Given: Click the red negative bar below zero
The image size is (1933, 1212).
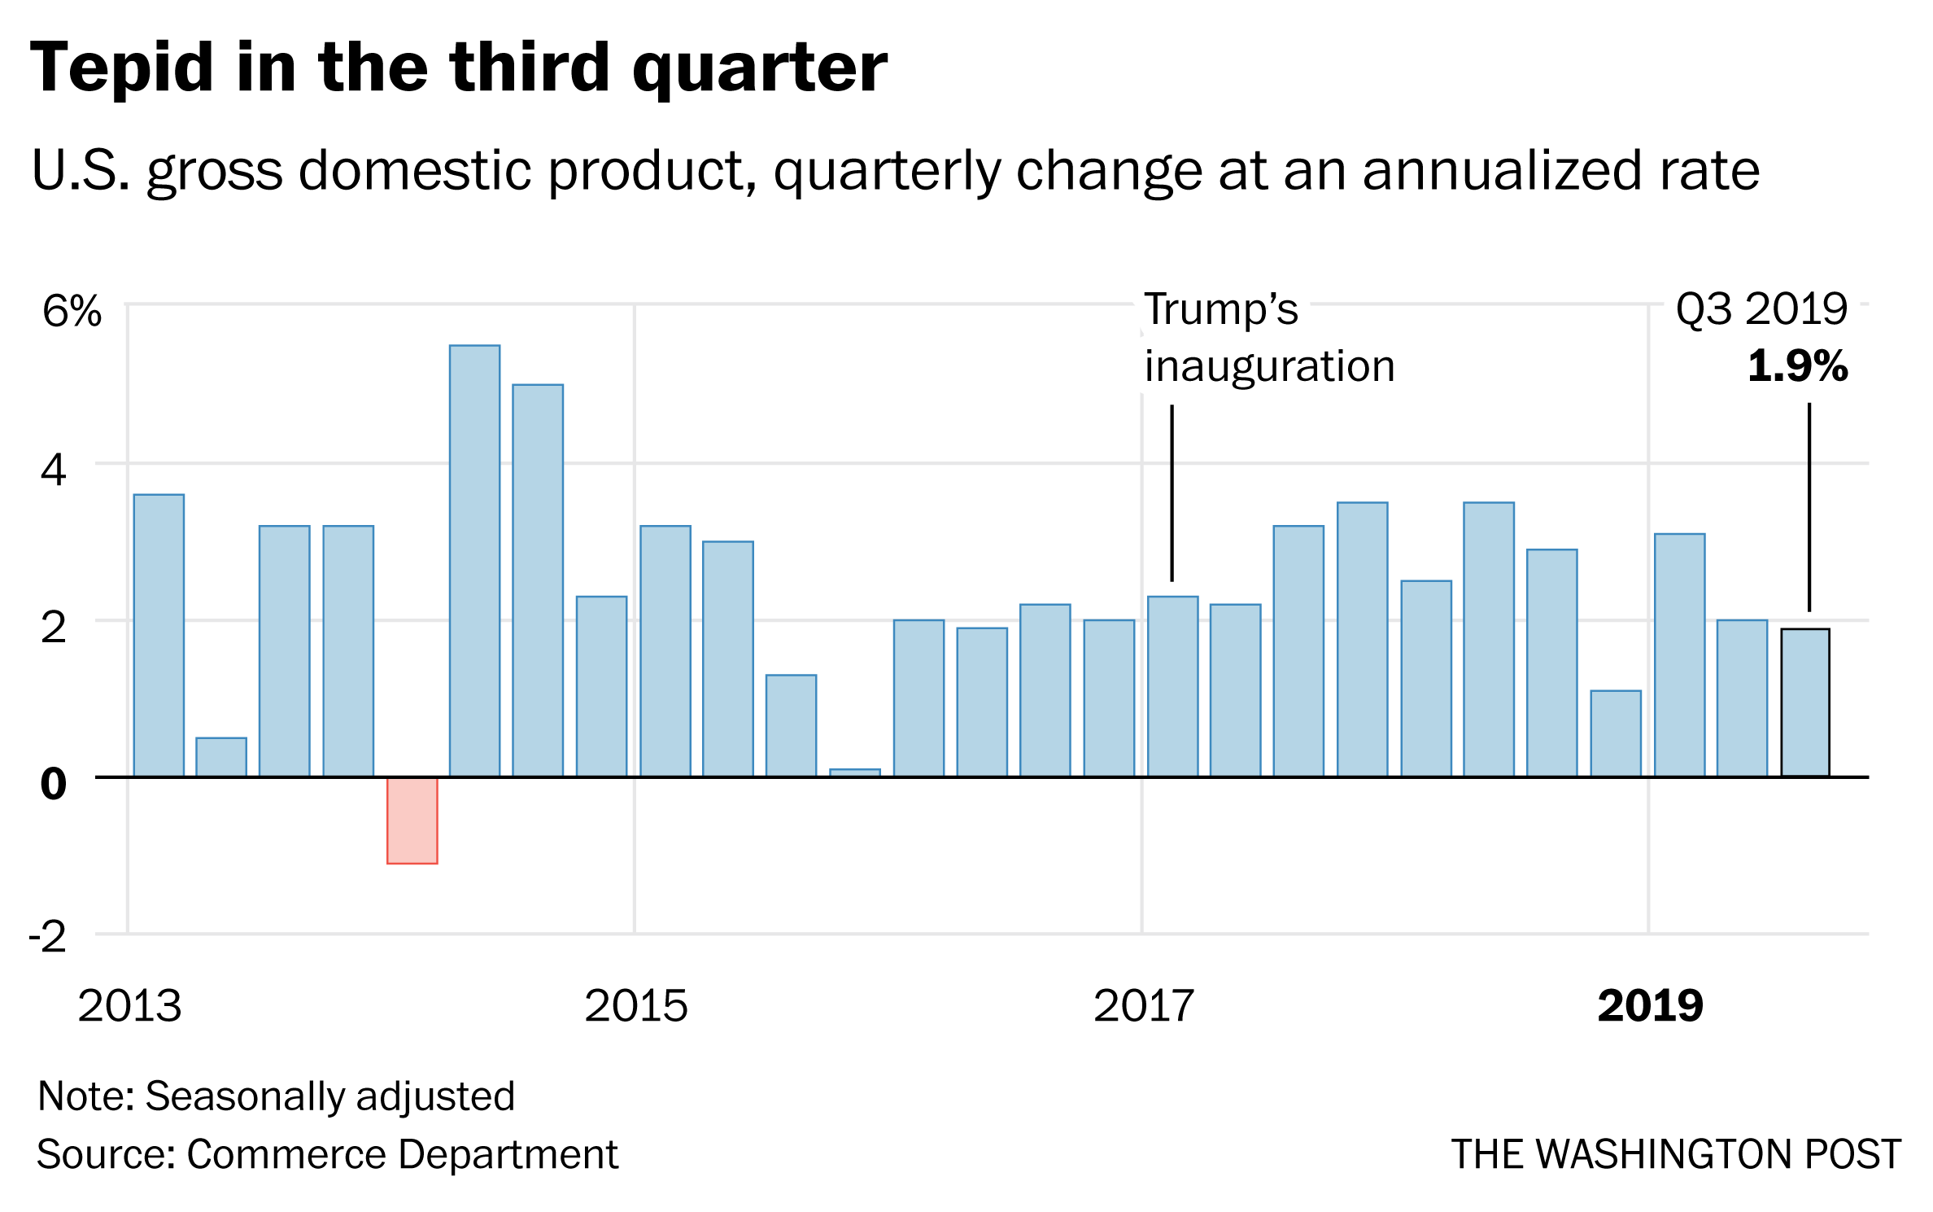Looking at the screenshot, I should click(x=412, y=820).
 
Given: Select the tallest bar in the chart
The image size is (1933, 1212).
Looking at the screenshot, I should click(x=475, y=562).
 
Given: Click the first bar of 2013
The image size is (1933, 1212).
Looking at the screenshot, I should click(x=159, y=636).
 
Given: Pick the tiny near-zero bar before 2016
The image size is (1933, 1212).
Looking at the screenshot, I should click(x=855, y=772).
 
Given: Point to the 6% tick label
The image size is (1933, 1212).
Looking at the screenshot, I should click(x=72, y=311).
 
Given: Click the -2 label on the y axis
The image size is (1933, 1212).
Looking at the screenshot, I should click(x=48, y=938).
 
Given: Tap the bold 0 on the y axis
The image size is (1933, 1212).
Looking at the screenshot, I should click(x=53, y=784).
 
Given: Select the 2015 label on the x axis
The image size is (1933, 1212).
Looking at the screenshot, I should click(x=635, y=1006).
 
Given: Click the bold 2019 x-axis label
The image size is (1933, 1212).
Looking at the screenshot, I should click(x=1650, y=1006).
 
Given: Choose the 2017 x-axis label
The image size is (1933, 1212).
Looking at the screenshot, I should click(x=1143, y=1006).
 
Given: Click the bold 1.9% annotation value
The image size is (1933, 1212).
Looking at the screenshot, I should click(x=1797, y=366).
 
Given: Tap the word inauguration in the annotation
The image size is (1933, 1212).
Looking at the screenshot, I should click(x=1269, y=366).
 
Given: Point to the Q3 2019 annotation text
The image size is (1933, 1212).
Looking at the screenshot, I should click(x=1761, y=309).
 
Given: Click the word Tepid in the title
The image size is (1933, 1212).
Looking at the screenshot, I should click(x=122, y=68).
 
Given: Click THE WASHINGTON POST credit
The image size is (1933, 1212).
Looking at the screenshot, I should click(x=1676, y=1154).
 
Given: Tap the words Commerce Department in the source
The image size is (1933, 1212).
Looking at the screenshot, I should click(x=403, y=1154).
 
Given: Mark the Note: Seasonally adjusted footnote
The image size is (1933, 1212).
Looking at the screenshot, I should click(x=277, y=1096).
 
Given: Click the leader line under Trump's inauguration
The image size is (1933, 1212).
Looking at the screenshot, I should click(x=1172, y=492).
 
